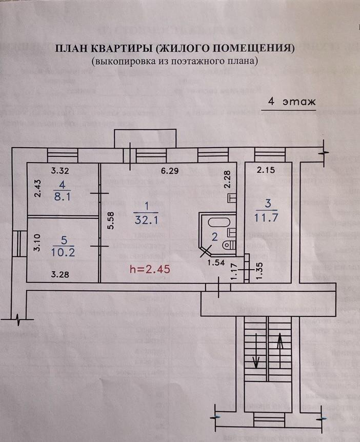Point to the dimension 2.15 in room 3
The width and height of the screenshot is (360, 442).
(266, 171)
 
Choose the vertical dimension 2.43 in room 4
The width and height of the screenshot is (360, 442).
(36, 189)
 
